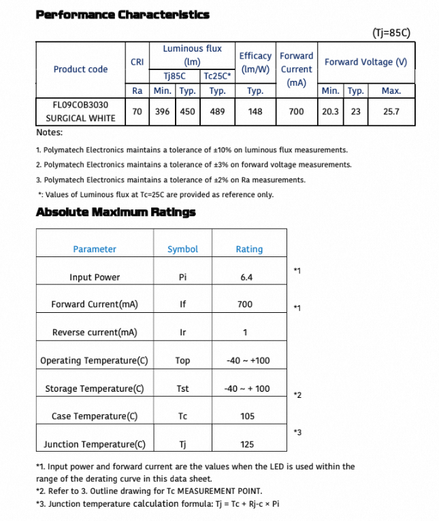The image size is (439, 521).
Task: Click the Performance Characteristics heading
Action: coord(123,14)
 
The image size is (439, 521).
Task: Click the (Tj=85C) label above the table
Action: coord(391,32)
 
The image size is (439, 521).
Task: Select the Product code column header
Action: coord(80,69)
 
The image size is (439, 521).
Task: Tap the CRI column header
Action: coord(136,62)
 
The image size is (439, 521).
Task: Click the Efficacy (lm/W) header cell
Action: coord(255,63)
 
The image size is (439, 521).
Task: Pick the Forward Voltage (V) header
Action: coord(365,62)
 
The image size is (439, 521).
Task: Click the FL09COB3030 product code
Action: coord(80,105)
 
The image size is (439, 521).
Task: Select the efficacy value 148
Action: coord(255,112)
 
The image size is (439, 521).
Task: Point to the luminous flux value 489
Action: coord(217,112)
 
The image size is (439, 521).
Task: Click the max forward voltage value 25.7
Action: coord(391,112)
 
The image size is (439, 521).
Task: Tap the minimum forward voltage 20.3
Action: coord(331,112)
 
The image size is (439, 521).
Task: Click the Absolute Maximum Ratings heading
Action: coord(116,212)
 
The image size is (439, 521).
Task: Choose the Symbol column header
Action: coord(182,250)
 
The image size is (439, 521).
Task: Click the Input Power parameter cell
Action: coord(95,278)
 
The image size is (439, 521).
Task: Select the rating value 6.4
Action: coord(246,278)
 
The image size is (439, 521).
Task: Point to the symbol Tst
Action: coord(182,389)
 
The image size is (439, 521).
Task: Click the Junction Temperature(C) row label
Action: coord(95,445)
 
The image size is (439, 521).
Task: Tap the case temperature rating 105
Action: coord(247,416)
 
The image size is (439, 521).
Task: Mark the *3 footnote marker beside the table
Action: coord(297,433)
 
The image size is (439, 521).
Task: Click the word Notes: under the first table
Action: coord(49,133)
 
